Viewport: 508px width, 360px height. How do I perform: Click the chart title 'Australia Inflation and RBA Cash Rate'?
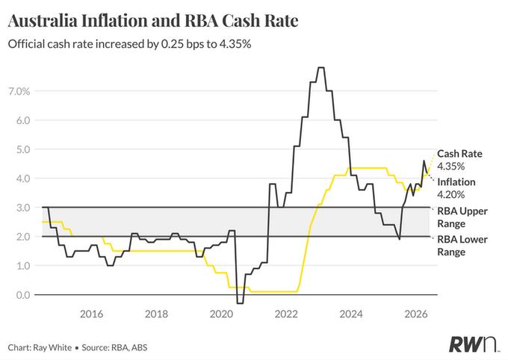coord(153,21)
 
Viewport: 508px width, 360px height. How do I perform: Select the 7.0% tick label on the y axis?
coord(19,91)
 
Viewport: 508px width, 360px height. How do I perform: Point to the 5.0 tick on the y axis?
coord(22,149)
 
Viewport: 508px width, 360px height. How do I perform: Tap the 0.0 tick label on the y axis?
coord(22,295)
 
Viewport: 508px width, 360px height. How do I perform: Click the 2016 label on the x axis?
coord(91,314)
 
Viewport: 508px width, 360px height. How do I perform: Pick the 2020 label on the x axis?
coord(221,314)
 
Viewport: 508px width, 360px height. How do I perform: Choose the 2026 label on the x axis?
coord(416,314)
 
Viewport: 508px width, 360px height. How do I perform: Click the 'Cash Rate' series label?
coord(459,154)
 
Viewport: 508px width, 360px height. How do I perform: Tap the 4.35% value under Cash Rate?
coord(450,167)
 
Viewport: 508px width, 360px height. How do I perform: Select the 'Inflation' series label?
coord(456,182)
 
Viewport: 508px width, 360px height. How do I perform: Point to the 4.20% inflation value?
coord(450,194)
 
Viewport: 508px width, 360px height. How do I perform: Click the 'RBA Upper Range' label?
coord(462,217)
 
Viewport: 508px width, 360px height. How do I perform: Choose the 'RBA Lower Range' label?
coord(462,246)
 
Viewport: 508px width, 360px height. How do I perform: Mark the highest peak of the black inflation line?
coord(320,67)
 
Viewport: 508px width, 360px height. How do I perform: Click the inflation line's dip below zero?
coord(240,303)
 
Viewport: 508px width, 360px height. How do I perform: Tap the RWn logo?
coord(473,344)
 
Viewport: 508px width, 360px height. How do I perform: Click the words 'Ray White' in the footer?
coord(52,348)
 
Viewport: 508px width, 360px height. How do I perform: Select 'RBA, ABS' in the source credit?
coord(129,348)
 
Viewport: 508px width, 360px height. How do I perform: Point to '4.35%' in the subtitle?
coord(235,44)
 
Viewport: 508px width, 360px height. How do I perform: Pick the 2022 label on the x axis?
coord(286,314)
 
